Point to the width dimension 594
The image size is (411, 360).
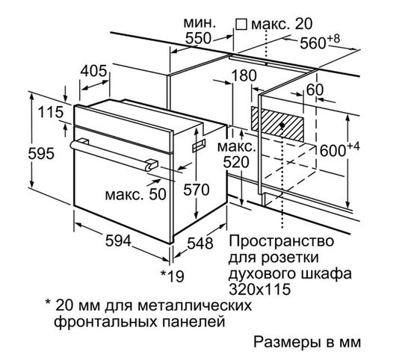pyautogui.click(x=118, y=240)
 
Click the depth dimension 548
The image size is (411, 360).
pyautogui.click(x=200, y=243)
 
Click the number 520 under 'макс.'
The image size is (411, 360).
pyautogui.click(x=238, y=162)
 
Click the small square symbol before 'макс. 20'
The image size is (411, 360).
pyautogui.click(x=241, y=24)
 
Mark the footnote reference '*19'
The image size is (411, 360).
pyautogui.click(x=173, y=275)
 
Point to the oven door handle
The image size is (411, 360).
pyautogui.click(x=113, y=152)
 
